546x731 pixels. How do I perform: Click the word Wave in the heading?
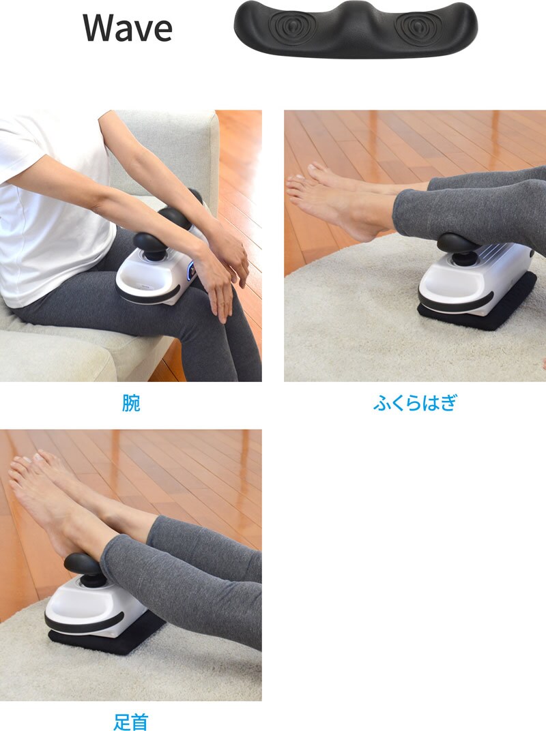pos(128,28)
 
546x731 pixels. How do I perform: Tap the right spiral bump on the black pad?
pos(417,25)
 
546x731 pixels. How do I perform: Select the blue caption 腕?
pos(130,403)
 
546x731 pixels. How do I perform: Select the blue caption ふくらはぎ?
pos(415,403)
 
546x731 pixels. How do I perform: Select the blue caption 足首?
pos(130,721)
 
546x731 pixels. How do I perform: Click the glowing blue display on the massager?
pos(192,271)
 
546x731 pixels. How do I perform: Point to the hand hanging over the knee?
pos(219,289)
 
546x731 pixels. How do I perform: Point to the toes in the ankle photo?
pos(28,466)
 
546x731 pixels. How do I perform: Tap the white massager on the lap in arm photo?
pos(161,271)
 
